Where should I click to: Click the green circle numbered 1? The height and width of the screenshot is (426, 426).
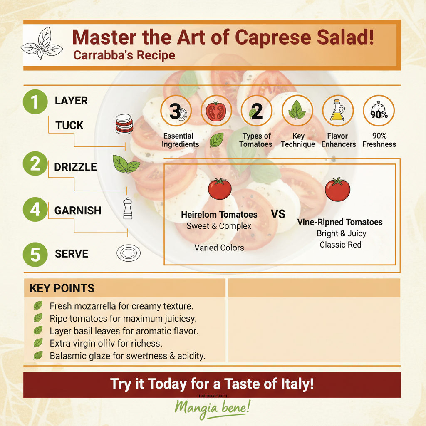coord(35,102)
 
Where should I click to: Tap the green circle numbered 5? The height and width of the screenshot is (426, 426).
coord(35,254)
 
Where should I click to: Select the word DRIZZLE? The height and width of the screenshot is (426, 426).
coord(75,167)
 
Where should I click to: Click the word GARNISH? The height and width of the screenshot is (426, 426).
coord(78,211)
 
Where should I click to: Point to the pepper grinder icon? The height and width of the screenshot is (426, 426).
coord(128,209)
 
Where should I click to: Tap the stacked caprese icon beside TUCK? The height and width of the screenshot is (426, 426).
coord(124,124)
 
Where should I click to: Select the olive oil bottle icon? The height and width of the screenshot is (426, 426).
coord(338,111)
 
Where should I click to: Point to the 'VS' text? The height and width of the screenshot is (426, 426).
coord(278,214)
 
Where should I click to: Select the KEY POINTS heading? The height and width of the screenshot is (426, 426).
coord(62,288)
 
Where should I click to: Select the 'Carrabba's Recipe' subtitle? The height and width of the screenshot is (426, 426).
coord(124,55)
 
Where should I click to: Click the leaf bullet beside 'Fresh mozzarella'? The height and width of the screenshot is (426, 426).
coord(38,306)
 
